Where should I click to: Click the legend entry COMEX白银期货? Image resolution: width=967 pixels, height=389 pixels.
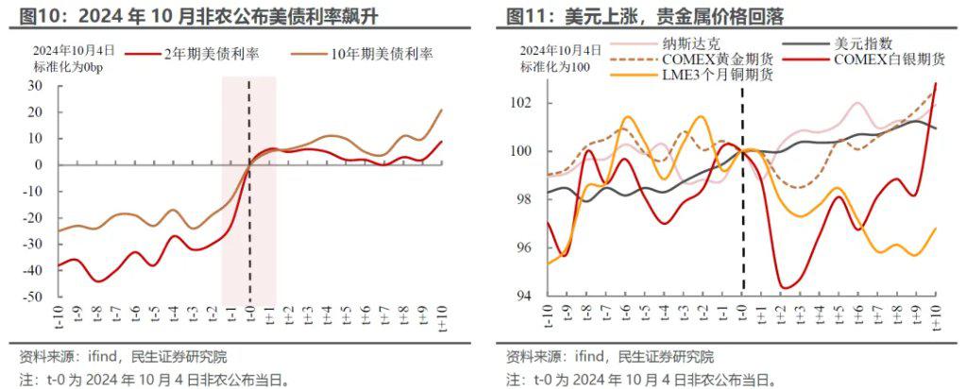(886, 59)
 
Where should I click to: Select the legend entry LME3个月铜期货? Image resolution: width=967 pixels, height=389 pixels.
(719, 76)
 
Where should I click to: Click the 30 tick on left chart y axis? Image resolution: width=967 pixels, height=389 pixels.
(36, 86)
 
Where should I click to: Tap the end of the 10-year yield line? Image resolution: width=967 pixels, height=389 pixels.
(441, 110)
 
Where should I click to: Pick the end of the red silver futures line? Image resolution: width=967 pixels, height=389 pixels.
(936, 84)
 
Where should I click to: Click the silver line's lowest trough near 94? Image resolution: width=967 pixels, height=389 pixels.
(784, 287)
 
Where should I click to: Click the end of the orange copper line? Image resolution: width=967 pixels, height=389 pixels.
(936, 228)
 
